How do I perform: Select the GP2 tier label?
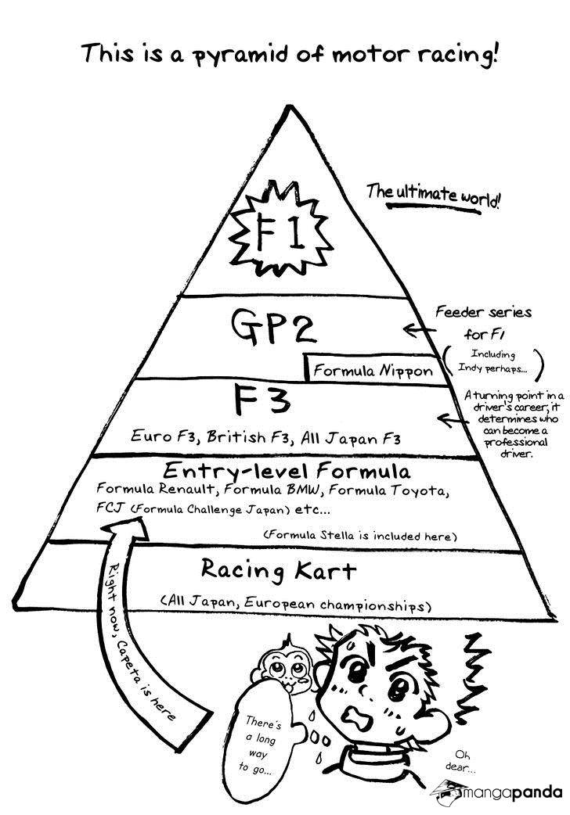pos(272,326)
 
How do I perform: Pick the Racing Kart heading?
pos(279,569)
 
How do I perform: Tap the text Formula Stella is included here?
pos(359,535)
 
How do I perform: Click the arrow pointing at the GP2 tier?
pos(420,329)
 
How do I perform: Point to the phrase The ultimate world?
pos(432,196)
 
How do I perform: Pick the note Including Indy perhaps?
pos(492,362)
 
